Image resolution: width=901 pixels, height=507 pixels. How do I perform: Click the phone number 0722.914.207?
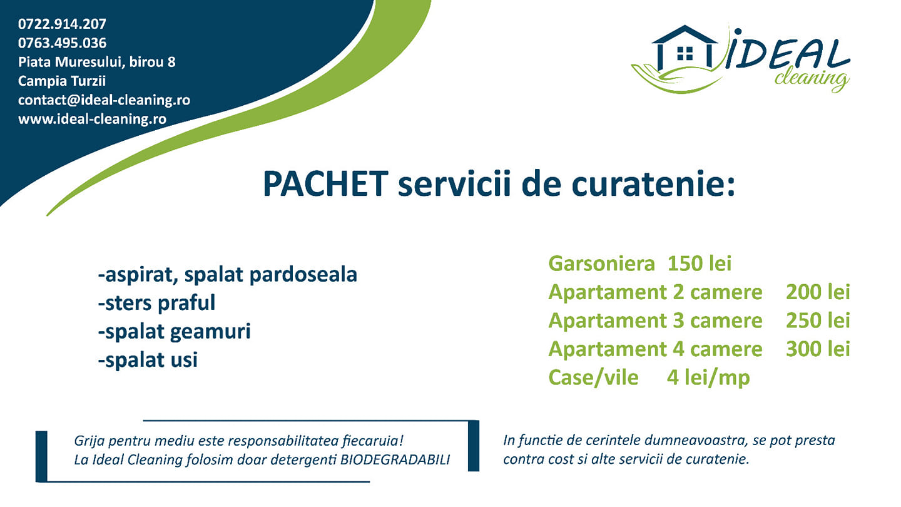tap(62, 24)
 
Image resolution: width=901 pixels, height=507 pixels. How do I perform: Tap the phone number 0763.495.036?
tap(62, 43)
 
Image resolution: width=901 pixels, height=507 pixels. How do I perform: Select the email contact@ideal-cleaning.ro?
tap(104, 100)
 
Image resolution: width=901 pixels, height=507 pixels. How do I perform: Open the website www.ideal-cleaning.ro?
tap(92, 119)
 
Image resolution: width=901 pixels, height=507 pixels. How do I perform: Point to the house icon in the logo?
tap(685, 48)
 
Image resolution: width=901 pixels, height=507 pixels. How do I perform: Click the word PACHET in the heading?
tap(325, 184)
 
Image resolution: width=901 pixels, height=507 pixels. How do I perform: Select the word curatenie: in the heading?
tap(653, 184)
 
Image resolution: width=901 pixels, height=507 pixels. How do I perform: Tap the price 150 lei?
tap(699, 264)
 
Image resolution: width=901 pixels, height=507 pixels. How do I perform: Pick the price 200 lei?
tap(818, 292)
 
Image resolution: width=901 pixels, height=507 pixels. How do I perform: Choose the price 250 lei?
tap(818, 320)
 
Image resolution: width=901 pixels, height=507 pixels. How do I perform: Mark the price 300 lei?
tap(818, 349)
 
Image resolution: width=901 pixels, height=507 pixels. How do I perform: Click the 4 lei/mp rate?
tap(708, 378)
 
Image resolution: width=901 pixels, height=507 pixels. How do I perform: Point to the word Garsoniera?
tap(601, 264)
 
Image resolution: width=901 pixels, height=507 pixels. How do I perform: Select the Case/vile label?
tap(593, 378)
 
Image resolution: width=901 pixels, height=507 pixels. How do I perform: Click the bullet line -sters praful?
tap(156, 303)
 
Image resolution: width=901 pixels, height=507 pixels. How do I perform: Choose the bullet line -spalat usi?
tap(148, 360)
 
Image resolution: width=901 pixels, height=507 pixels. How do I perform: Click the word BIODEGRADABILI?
tap(395, 459)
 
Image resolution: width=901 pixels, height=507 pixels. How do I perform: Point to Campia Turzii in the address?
tap(61, 81)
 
